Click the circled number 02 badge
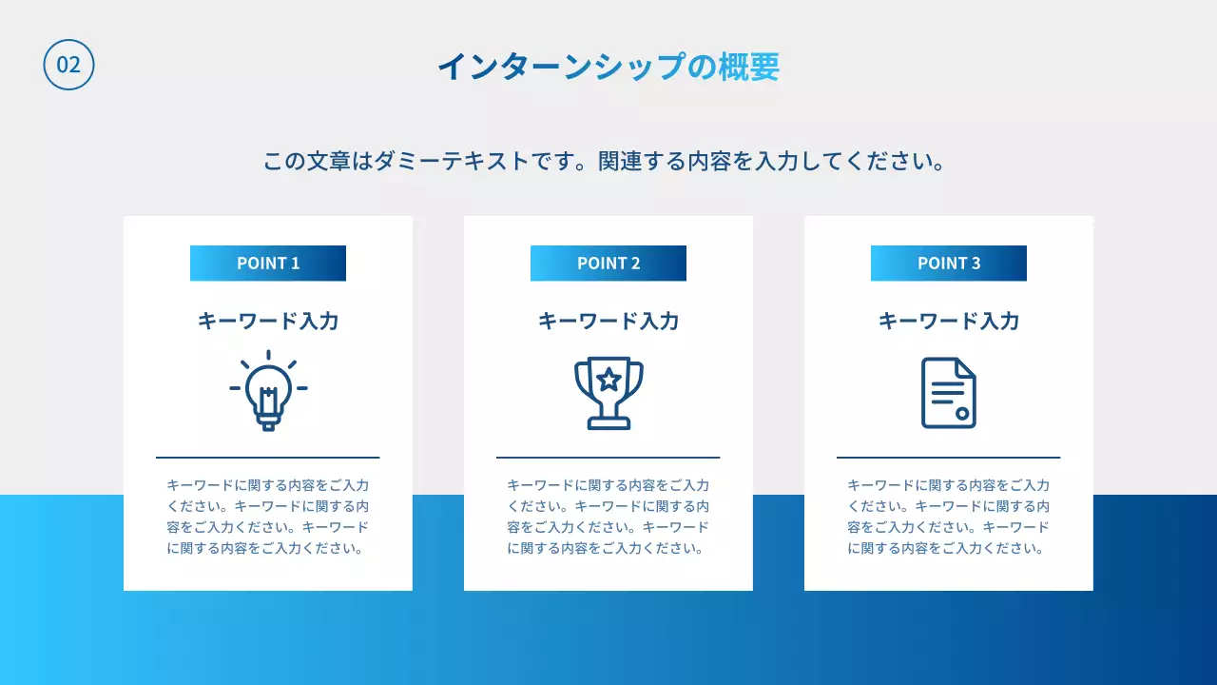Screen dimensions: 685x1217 (x=68, y=65)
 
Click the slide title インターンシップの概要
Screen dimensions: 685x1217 (x=608, y=67)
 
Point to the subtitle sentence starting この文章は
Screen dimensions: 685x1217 (x=605, y=161)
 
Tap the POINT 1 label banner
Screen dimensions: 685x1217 (x=268, y=264)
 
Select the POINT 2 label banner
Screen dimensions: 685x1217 (x=608, y=264)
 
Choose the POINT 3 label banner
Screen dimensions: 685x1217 (x=949, y=264)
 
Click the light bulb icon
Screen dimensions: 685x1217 (x=268, y=391)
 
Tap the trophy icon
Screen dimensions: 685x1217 (x=608, y=393)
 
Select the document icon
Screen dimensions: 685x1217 (x=949, y=393)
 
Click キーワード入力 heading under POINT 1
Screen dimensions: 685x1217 (x=268, y=322)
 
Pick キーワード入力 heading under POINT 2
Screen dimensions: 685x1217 (x=608, y=322)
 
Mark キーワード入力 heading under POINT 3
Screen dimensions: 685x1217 (x=949, y=322)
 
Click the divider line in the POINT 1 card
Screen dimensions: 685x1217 (x=268, y=458)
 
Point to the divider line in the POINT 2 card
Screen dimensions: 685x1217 (x=608, y=458)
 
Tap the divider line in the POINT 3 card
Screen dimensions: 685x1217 (x=949, y=458)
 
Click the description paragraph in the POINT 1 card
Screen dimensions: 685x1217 (x=268, y=517)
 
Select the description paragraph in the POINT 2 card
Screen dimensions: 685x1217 (x=608, y=517)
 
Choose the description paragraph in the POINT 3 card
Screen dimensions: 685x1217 (x=949, y=517)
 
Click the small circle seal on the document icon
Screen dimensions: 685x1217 (x=962, y=413)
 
